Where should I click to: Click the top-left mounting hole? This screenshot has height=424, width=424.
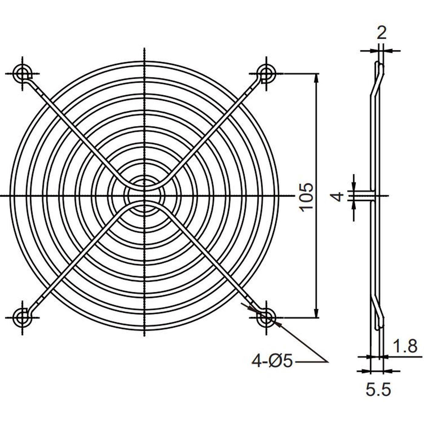pos(23,73)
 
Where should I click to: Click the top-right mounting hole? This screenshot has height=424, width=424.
pos(266,73)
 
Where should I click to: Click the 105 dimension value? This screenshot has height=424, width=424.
pos(306,196)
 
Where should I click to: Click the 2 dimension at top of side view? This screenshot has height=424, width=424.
pos(382,32)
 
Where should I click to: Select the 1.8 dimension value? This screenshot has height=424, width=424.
pos(405,346)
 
